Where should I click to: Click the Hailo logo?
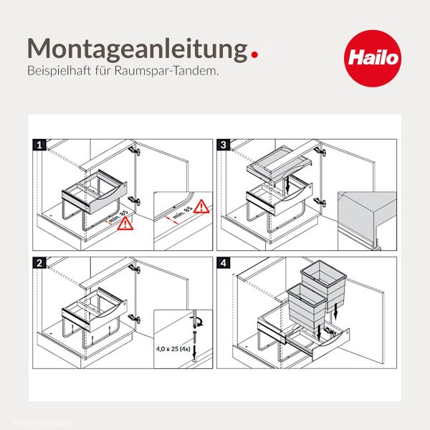[373, 57]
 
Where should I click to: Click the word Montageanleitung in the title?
[133, 49]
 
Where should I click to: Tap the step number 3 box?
[224, 145]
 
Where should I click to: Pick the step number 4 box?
[224, 262]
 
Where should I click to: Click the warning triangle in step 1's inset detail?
[202, 207]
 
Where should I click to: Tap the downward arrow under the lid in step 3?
[287, 186]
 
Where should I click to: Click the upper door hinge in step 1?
[134, 151]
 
